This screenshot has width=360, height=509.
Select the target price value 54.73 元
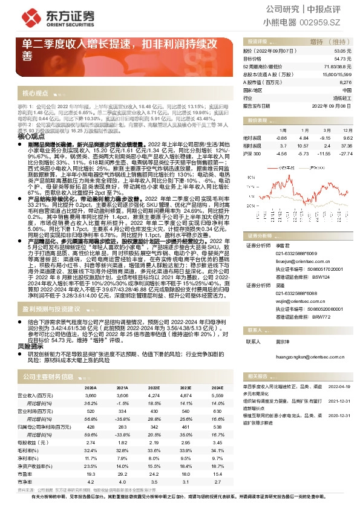click(343, 59)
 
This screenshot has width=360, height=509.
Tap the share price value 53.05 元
click(343, 51)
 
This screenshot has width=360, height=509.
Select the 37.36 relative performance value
click(344, 146)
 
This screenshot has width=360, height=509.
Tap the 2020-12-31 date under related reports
click(339, 416)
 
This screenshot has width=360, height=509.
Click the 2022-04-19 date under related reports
click(339, 384)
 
